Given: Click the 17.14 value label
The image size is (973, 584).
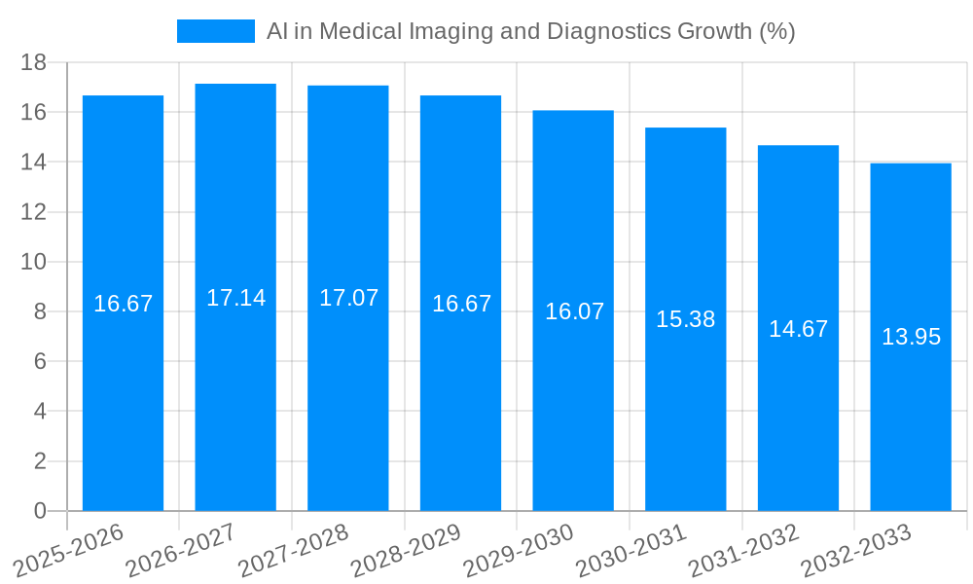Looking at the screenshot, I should pos(235,298).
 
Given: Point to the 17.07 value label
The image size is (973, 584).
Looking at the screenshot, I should pos(348,298).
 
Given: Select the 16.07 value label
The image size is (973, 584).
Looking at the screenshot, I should pos(574,311).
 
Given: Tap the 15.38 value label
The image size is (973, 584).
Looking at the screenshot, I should pos(685,318).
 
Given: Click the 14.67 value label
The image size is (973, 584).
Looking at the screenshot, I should pos(798,329).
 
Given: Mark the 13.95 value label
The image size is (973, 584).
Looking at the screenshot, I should pos(911,337).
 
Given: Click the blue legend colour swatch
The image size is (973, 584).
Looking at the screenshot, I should pos(215,31).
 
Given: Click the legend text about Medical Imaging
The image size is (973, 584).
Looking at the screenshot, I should pos(530,31).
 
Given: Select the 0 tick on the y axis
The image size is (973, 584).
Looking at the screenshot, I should pos(40,511).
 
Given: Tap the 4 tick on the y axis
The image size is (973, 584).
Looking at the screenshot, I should pos(40,412).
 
